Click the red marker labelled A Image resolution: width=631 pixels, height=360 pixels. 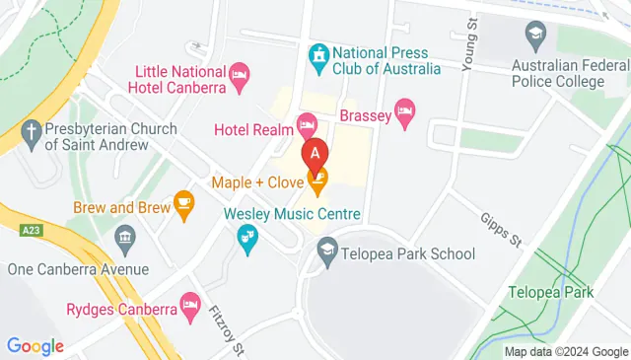coord(315,154)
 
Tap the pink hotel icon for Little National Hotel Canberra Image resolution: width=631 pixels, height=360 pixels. coord(238,74)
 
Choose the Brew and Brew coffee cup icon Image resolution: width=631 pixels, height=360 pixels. coord(183,202)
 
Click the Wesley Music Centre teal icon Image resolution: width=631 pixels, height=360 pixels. coord(245,236)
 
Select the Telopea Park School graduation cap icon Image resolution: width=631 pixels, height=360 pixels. coord(326,254)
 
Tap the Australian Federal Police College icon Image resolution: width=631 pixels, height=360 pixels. coord(536,34)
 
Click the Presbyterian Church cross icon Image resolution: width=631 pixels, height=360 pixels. coord(33,129)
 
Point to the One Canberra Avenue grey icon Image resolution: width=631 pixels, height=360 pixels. coord(125,238)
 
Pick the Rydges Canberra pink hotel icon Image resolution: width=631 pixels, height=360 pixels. coord(189,301)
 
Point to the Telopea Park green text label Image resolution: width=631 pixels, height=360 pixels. coord(550,292)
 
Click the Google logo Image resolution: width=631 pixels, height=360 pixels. coord(35,346)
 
